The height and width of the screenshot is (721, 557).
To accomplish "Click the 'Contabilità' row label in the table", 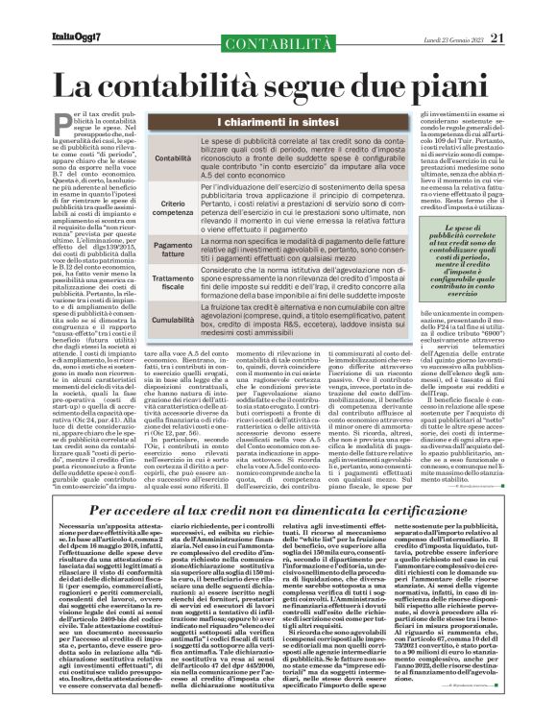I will [147, 156].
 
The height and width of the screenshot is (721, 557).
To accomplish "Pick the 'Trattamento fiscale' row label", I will [147, 280].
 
